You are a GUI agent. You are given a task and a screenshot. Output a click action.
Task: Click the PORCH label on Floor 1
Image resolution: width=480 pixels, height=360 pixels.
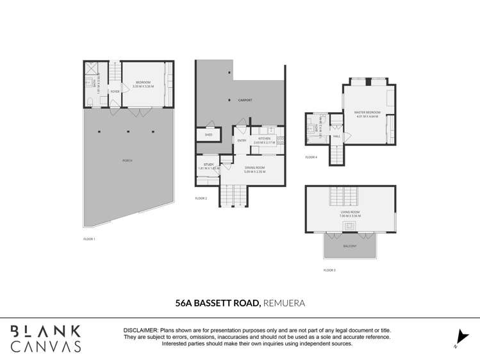tap(127, 160)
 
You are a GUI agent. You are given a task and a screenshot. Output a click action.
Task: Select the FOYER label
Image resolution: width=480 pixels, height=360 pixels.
tap(115, 92)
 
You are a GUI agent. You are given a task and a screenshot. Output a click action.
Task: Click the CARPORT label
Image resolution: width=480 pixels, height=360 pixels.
tap(245, 101)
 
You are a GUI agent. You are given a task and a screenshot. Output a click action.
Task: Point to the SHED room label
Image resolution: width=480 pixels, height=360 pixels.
tap(208, 135)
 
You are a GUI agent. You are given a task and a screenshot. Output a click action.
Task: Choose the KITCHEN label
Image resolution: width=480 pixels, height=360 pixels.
tap(264, 138)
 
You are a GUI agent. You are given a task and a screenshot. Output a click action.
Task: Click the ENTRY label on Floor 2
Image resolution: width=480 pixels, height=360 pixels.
tap(242, 140)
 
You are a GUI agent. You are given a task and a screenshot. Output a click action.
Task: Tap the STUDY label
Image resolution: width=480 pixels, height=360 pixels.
tap(209, 165)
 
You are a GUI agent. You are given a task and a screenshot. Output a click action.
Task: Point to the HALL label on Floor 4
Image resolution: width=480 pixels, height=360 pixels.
tap(336, 136)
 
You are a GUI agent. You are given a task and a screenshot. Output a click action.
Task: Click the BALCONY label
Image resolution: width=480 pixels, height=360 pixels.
tap(349, 245)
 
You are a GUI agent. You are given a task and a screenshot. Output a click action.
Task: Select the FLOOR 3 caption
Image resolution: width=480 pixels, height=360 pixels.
tap(329, 270)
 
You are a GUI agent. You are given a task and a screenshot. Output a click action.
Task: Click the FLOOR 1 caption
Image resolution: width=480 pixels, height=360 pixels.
tap(89, 239)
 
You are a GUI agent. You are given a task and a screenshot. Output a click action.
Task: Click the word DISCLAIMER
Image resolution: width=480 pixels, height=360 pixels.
tap(140, 330)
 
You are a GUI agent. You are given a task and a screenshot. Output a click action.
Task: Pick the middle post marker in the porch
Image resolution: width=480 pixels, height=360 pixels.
tap(128, 132)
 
